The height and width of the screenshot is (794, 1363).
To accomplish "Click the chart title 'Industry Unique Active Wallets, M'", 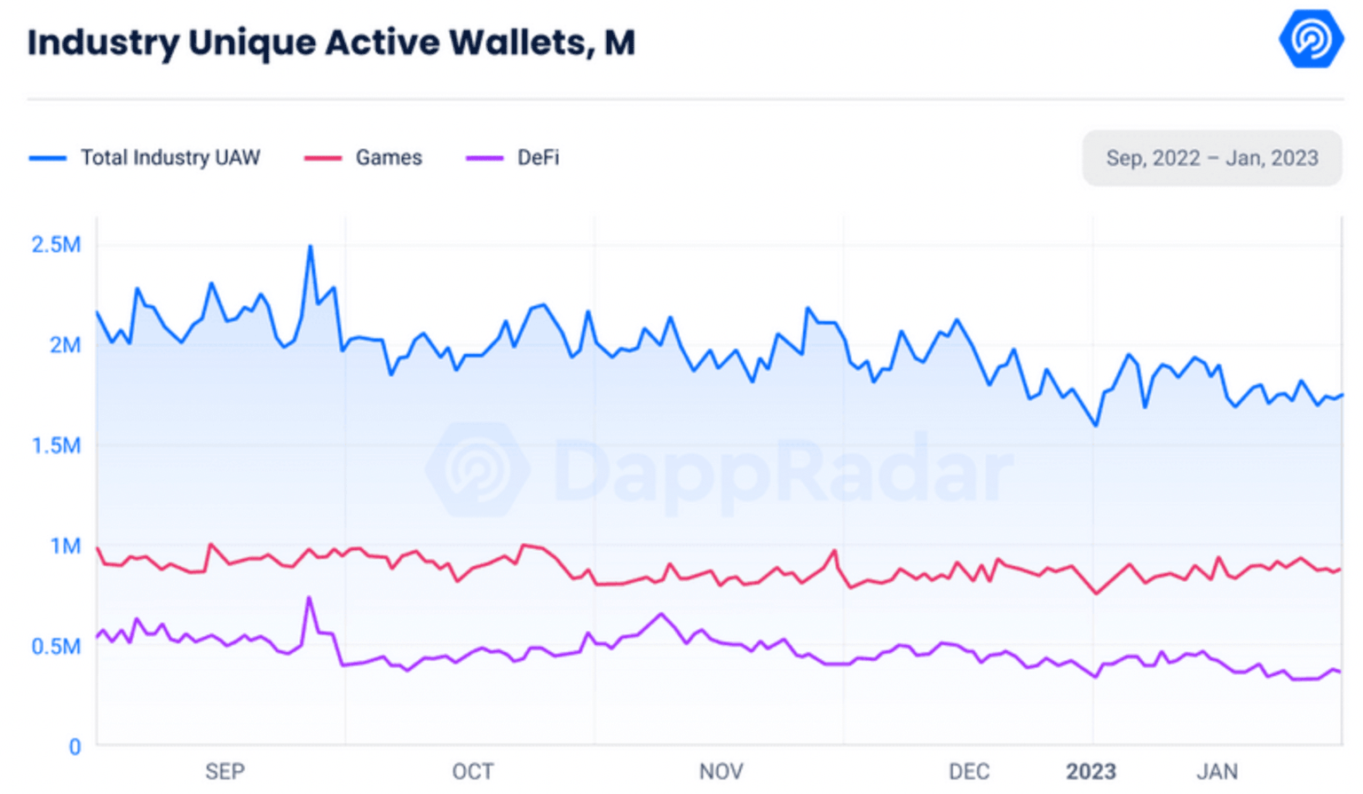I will pos(331,43).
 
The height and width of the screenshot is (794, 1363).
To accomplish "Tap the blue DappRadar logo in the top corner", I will pos(1311,39).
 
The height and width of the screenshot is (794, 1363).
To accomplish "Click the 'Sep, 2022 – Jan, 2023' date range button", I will pos(1211,158).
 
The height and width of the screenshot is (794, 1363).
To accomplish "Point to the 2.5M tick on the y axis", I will pos(56,245).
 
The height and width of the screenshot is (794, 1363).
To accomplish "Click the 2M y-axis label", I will pos(65,345).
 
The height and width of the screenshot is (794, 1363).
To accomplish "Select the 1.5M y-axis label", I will pos(56,445).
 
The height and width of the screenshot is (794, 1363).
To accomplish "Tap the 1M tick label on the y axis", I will pos(65,546).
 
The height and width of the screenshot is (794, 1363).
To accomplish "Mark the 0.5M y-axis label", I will pos(56,647).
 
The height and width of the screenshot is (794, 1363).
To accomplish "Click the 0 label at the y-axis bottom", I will pos(75,747).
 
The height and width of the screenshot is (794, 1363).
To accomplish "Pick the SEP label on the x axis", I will pos(225,772).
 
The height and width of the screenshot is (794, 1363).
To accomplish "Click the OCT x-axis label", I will pos(473,772).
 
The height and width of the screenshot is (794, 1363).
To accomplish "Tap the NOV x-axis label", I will pos(721,772).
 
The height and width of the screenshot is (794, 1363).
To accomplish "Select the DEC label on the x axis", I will pos(969,772).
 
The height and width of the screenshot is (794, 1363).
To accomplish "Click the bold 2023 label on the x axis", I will pos(1091,772).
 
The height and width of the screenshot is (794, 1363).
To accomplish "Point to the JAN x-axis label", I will pos(1217,772).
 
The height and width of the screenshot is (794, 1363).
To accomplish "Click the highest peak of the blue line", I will pos(310,247).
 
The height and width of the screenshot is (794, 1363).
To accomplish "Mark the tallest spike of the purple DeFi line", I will pos(309,598).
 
